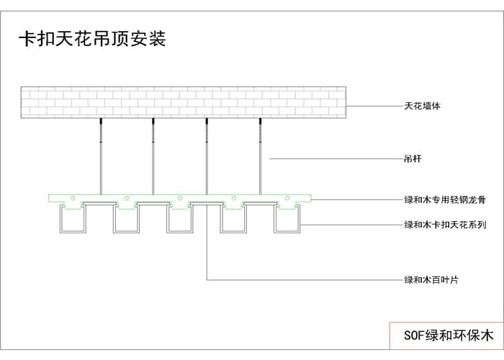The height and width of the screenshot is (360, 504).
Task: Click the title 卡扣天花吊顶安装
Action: click(91, 39)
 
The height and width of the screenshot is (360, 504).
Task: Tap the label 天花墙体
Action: click(422, 106)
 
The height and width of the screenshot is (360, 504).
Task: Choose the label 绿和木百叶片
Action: click(431, 279)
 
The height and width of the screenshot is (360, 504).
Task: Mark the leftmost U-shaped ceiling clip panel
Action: click(72, 220)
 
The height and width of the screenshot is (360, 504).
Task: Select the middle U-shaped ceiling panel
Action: click(179, 220)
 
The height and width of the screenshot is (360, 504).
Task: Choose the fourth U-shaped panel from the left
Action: click(233, 220)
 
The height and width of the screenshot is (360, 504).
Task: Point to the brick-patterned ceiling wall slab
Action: click(184, 102)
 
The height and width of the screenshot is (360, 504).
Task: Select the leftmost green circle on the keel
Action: click(72, 197)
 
